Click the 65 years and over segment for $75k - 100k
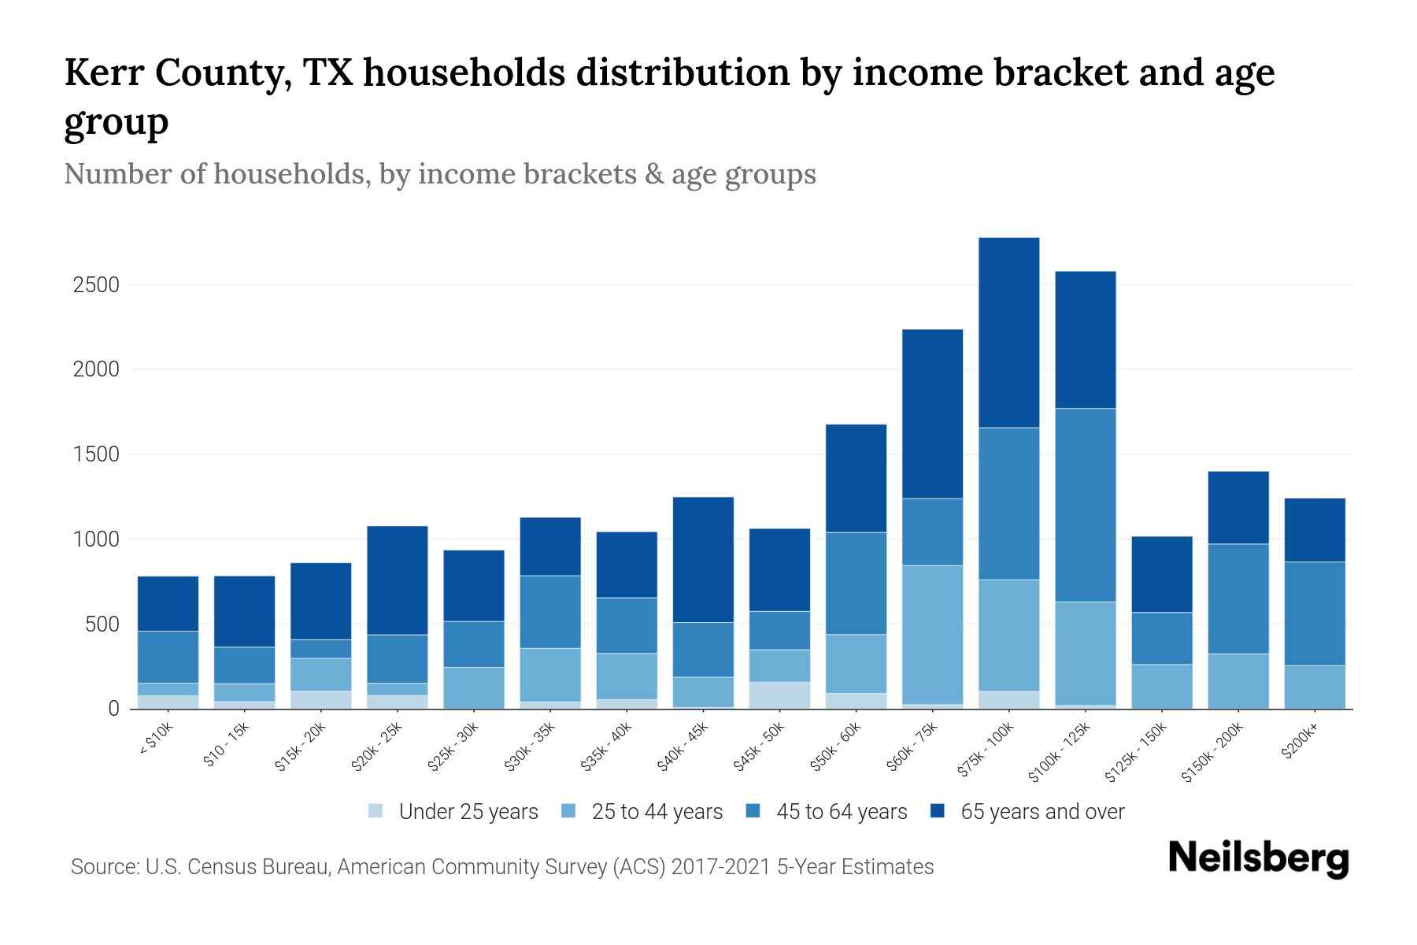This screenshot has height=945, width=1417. click(x=1008, y=332)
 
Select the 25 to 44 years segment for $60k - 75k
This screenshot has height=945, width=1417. click(x=932, y=634)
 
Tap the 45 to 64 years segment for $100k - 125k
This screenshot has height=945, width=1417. click(x=1085, y=505)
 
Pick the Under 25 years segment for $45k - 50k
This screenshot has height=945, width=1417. click(x=779, y=695)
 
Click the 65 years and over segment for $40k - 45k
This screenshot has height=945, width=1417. click(x=703, y=559)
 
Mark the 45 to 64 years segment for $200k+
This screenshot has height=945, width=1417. click(x=1314, y=613)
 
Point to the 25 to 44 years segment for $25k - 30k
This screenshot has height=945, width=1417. click(x=474, y=687)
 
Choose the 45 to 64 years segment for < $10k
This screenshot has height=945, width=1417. click(x=168, y=657)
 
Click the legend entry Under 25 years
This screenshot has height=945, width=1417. click(x=468, y=812)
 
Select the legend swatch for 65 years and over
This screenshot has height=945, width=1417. click(x=937, y=811)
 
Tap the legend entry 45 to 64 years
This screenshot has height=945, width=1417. click(x=841, y=812)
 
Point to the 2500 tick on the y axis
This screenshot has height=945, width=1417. click(x=96, y=285)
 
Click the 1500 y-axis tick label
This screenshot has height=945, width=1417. click(x=96, y=455)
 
